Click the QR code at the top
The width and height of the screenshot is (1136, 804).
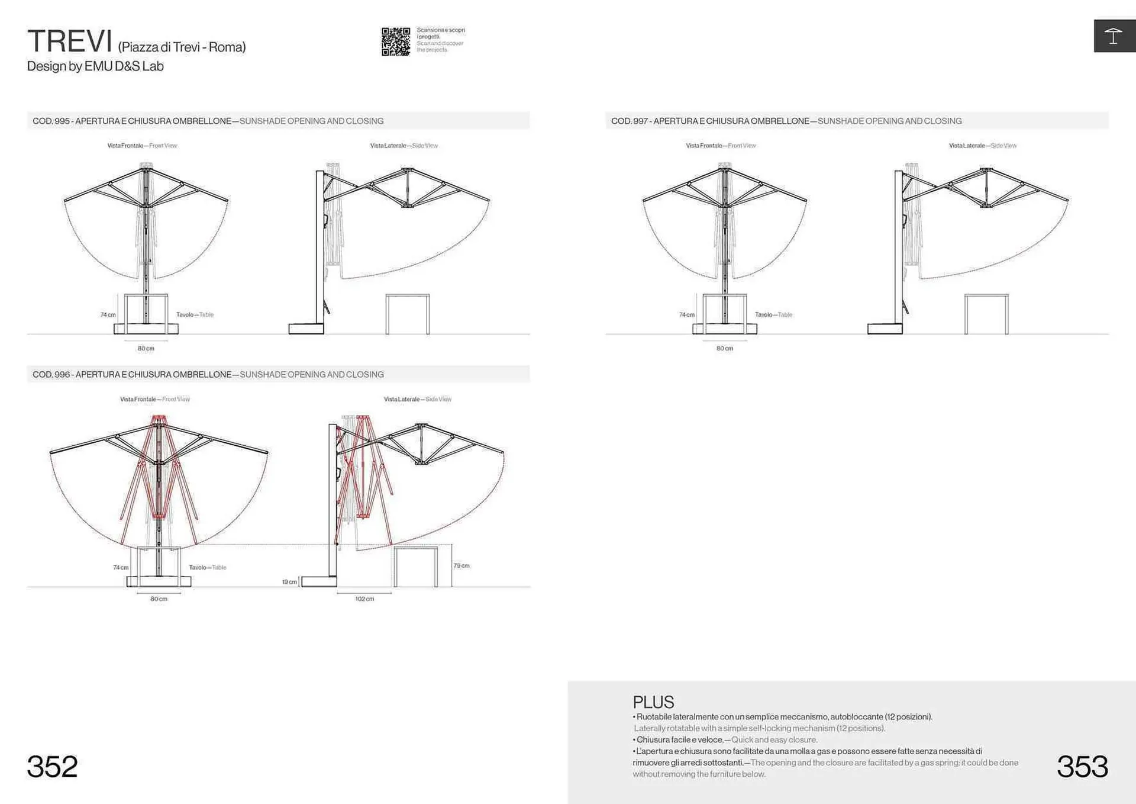click(x=395, y=41)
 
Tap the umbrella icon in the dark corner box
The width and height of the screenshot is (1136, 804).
click(x=1113, y=36)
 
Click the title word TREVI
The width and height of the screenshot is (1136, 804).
click(x=70, y=41)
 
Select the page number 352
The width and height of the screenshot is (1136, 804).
click(x=52, y=767)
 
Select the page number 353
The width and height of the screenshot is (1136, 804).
click(x=1082, y=767)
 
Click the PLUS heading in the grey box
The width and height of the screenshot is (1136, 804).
click(x=653, y=702)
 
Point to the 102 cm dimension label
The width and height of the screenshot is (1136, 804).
click(x=364, y=599)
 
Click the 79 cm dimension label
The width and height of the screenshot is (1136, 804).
click(x=461, y=566)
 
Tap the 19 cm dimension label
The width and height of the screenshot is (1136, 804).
click(x=289, y=582)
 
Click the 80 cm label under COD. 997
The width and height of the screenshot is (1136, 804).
click(x=725, y=349)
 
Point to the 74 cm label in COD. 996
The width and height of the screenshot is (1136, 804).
click(x=121, y=568)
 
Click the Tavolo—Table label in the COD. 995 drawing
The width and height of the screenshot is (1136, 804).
click(x=195, y=315)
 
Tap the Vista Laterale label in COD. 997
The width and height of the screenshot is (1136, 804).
click(x=983, y=146)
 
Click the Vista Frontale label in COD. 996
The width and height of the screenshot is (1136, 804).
click(x=155, y=400)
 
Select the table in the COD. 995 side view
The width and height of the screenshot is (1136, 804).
click(x=408, y=314)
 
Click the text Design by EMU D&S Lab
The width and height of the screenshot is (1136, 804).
click(x=95, y=66)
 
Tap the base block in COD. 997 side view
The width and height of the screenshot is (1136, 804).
click(x=885, y=329)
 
